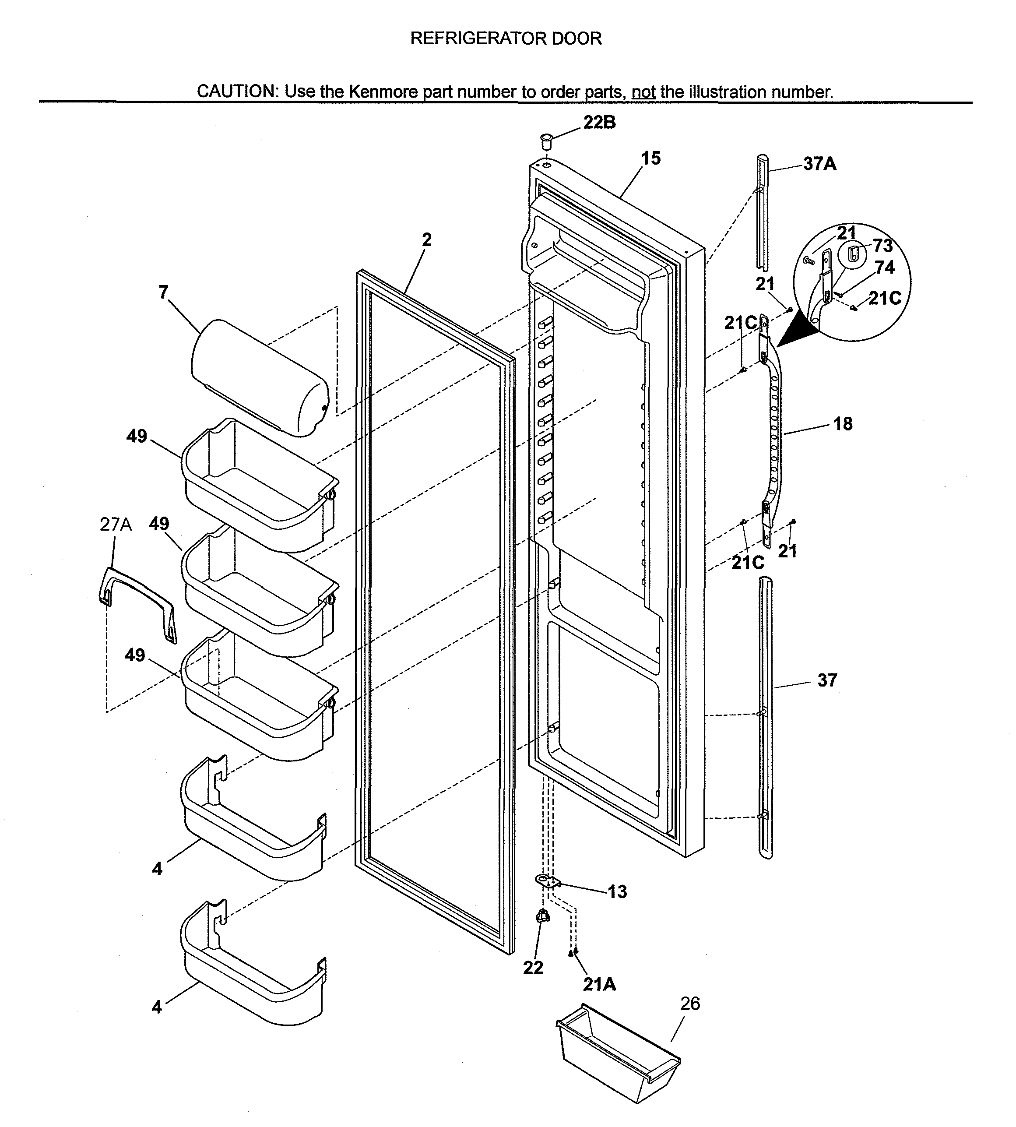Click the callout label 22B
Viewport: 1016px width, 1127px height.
(x=600, y=122)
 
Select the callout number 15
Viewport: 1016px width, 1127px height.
(x=650, y=158)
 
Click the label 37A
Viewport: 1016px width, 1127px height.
(x=819, y=164)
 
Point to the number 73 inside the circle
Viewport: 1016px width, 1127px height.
(x=882, y=245)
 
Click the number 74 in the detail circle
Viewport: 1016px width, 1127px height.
(x=885, y=268)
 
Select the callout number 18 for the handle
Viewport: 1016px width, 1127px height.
(x=843, y=423)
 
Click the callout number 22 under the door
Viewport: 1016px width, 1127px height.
(x=533, y=967)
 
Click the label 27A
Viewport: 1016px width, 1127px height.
(x=116, y=525)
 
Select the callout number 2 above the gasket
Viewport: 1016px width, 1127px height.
(x=426, y=239)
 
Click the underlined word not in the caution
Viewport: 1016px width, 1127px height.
(x=643, y=92)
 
